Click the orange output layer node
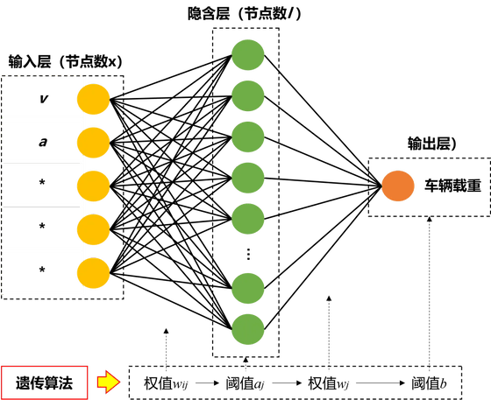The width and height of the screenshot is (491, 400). click(x=397, y=186)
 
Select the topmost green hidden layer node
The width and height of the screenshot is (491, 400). click(x=248, y=55)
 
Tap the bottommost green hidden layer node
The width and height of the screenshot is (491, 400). click(x=248, y=327)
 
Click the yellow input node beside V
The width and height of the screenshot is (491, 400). click(x=93, y=98)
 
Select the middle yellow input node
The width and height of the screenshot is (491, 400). click(x=93, y=185)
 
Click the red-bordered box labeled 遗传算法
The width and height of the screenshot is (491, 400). click(x=43, y=382)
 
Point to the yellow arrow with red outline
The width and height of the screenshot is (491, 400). click(x=107, y=382)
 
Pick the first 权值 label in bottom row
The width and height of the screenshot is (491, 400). click(x=161, y=382)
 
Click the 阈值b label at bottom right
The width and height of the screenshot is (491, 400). click(x=429, y=382)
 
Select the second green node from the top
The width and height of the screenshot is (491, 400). click(x=248, y=95)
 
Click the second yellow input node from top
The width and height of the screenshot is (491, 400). click(x=93, y=141)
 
